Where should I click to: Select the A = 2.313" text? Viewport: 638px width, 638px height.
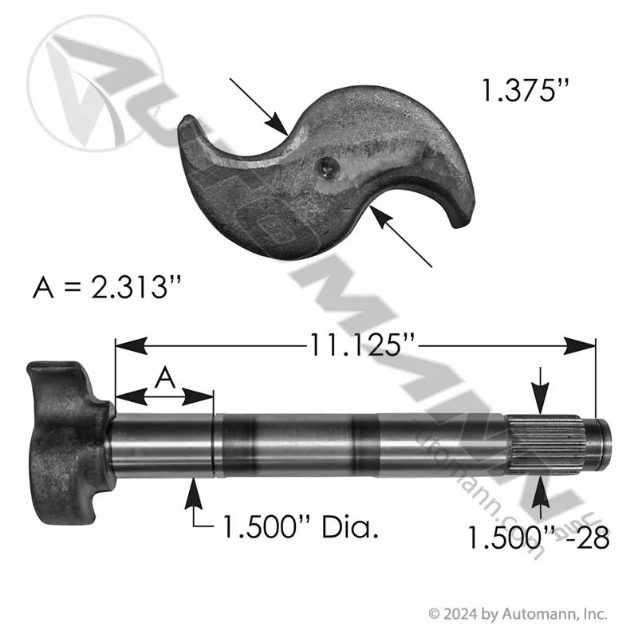(107, 287)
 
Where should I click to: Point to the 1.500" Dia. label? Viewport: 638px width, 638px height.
(301, 527)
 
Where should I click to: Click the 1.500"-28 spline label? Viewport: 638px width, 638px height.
(538, 538)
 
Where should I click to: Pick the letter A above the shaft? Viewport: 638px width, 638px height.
(165, 377)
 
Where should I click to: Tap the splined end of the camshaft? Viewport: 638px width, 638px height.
(546, 445)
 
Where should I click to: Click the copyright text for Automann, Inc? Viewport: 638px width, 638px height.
(518, 613)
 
